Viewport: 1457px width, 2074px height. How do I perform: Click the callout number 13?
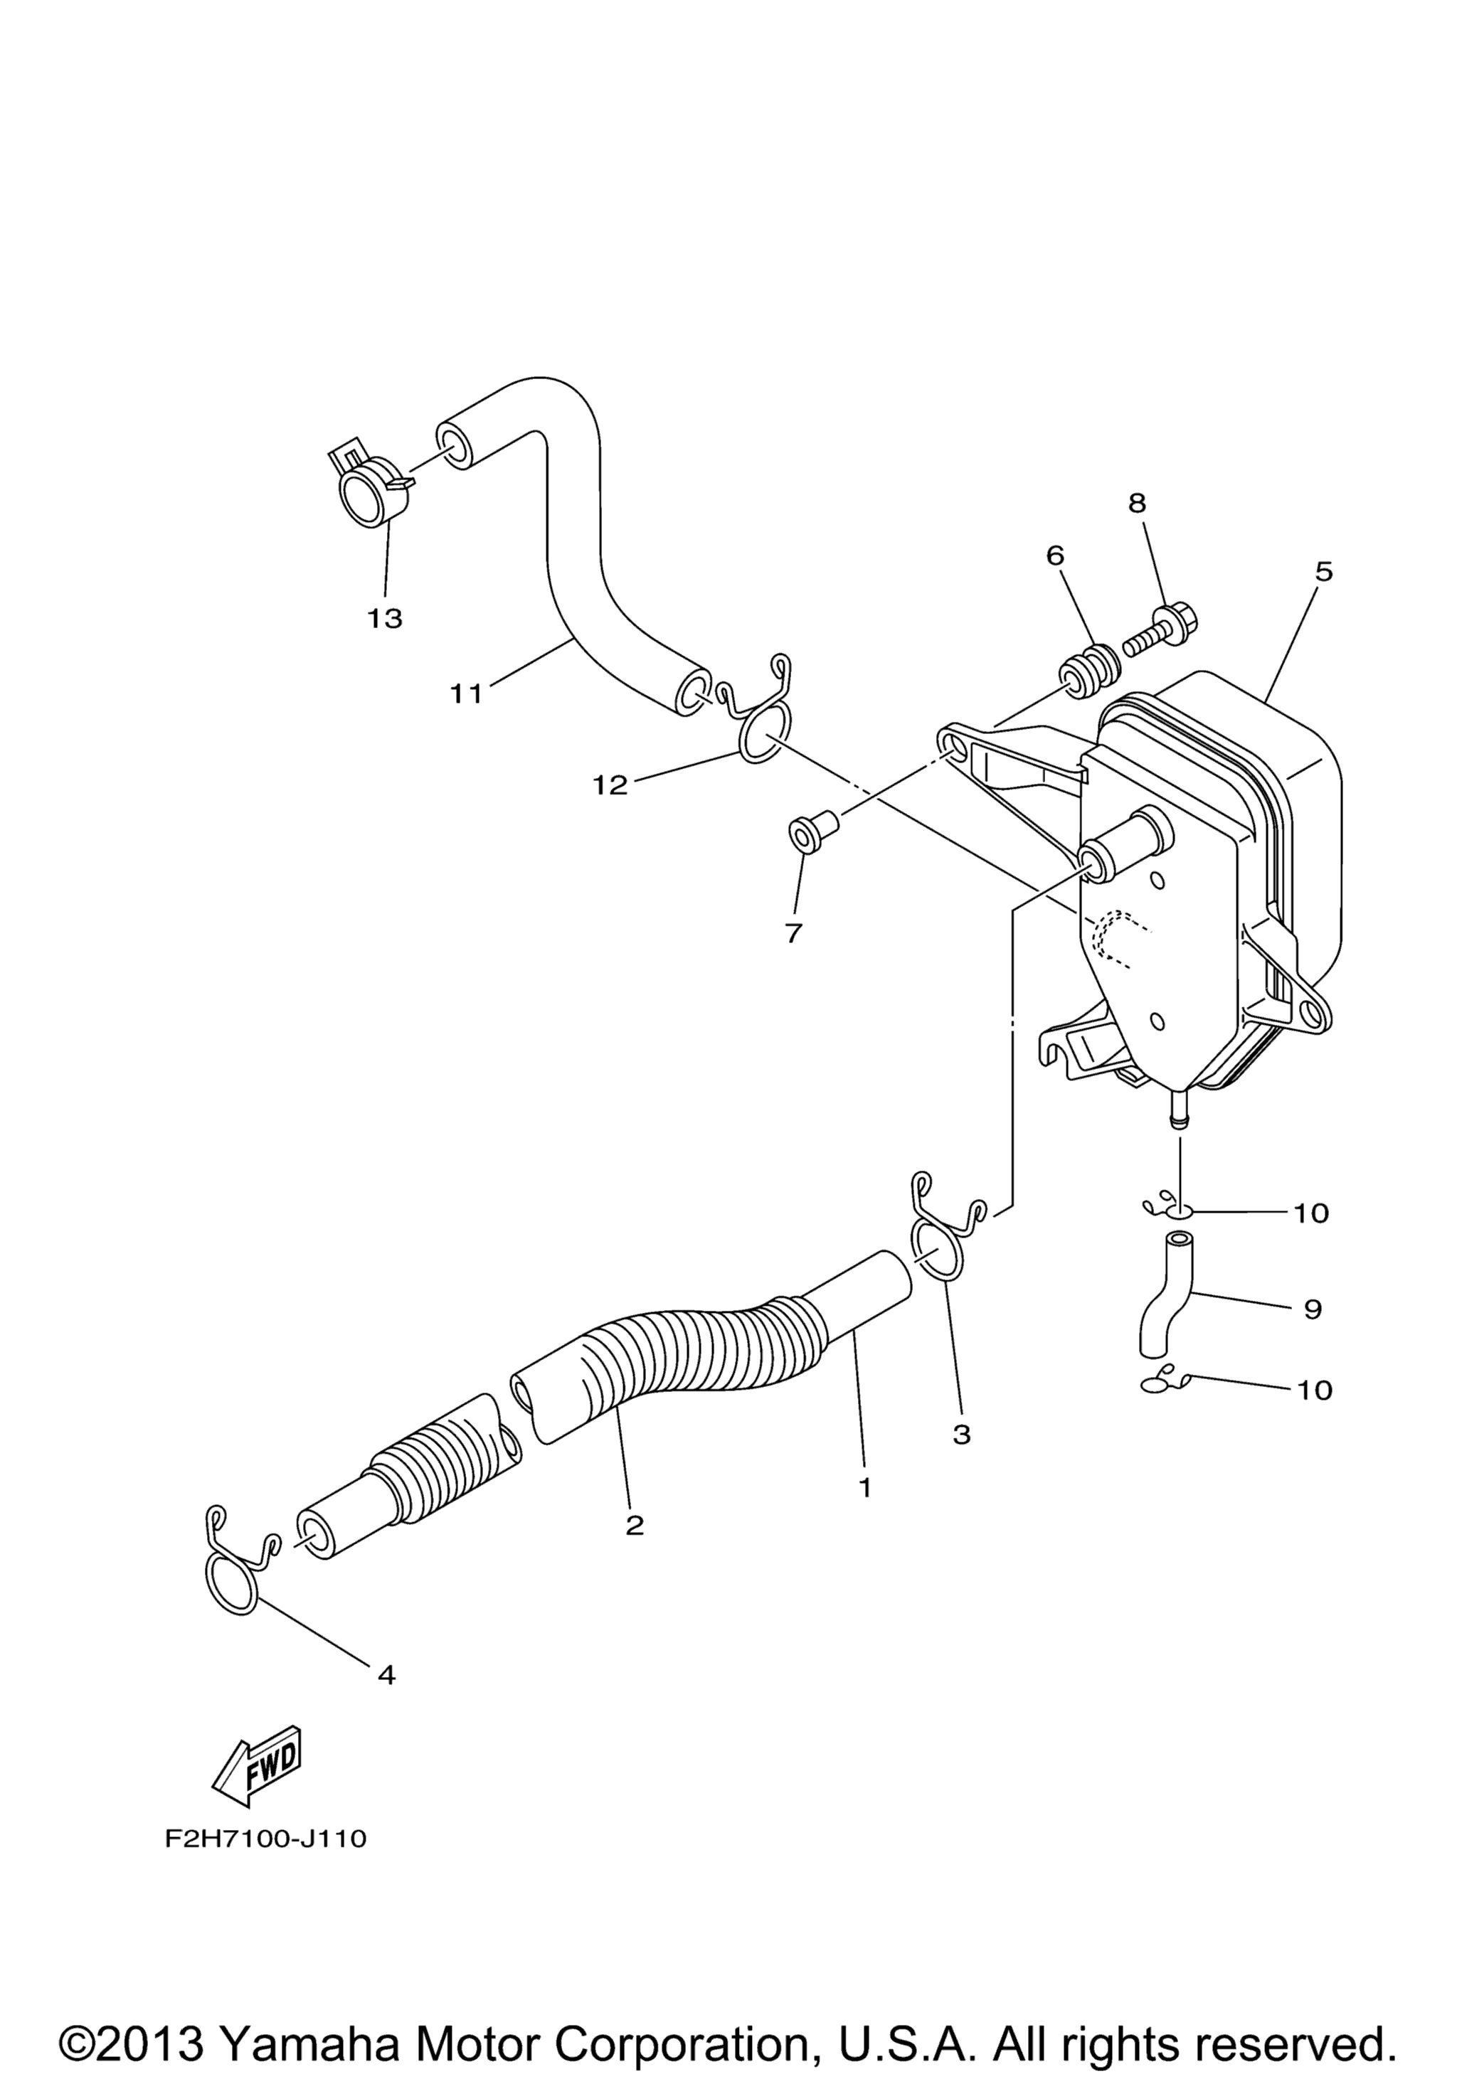coord(385,619)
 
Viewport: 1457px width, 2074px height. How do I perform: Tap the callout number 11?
coord(467,693)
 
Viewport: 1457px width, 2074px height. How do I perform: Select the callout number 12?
coord(610,785)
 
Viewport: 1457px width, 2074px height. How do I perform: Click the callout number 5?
coord(1323,571)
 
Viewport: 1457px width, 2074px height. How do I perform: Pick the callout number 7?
coord(794,933)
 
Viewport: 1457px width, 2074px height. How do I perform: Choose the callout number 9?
coord(1313,1309)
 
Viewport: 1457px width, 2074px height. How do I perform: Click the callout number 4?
coord(386,1675)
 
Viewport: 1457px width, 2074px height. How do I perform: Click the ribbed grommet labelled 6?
coord(1091,669)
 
